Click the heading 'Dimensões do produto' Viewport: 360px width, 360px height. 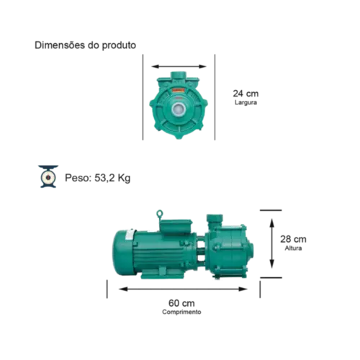(x=85, y=45)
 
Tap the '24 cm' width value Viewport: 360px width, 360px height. (x=246, y=94)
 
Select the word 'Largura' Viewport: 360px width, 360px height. (x=246, y=102)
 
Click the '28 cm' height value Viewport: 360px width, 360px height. (x=293, y=239)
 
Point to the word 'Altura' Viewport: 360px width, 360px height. (x=293, y=248)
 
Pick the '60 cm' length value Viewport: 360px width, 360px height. (x=181, y=303)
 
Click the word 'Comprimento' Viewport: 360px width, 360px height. (x=181, y=312)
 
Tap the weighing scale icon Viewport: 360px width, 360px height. (x=48, y=176)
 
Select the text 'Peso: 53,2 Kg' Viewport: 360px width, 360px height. (x=98, y=178)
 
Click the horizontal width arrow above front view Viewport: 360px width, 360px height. (x=179, y=66)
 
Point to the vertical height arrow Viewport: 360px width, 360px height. (x=271, y=243)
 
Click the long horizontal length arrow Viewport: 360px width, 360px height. (x=183, y=289)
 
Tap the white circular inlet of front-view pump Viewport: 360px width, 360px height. (x=179, y=109)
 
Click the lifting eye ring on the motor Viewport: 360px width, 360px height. (x=160, y=214)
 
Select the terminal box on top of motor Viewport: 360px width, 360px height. (x=176, y=225)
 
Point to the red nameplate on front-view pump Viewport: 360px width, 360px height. (x=178, y=91)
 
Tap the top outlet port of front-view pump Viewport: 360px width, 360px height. (x=179, y=76)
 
